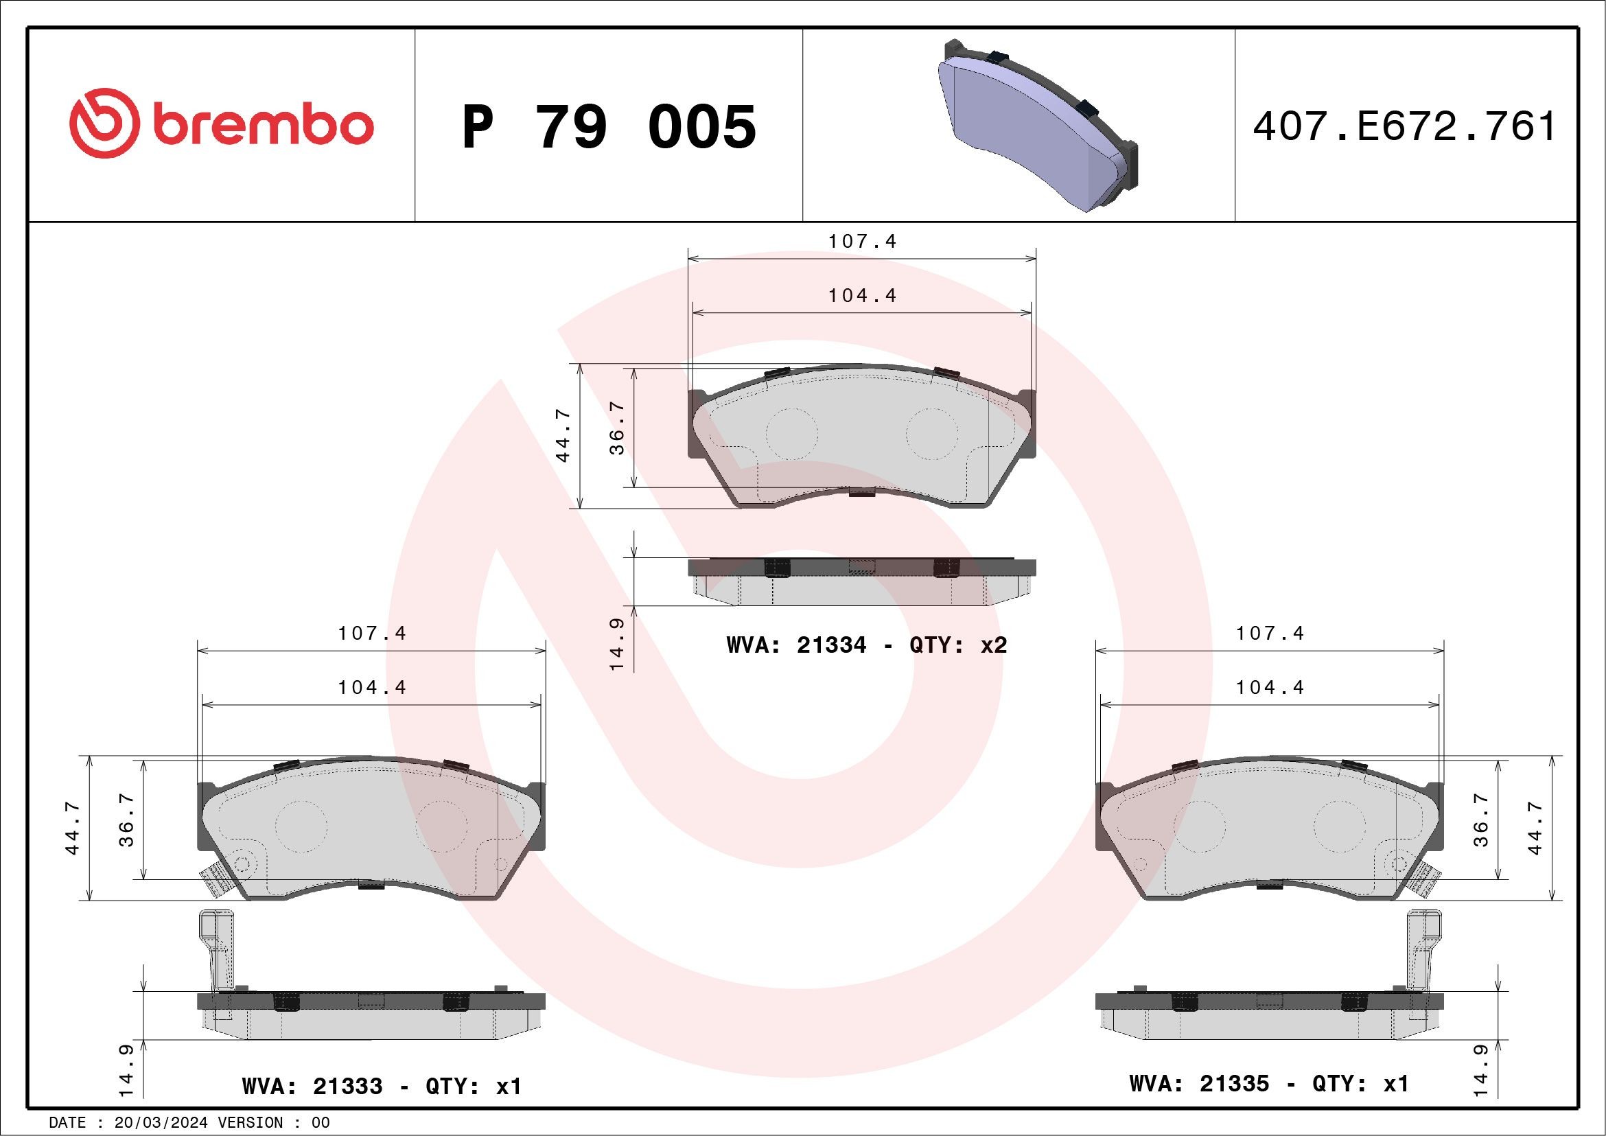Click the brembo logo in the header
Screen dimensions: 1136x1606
[x=221, y=124]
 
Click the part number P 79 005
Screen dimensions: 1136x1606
[x=609, y=127]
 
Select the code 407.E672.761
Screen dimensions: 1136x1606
[x=1403, y=126]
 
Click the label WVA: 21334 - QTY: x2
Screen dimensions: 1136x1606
[x=867, y=645]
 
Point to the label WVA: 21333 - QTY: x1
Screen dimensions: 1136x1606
[x=382, y=1086]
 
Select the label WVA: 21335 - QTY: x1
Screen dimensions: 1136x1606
[x=1268, y=1083]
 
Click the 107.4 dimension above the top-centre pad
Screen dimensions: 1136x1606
[x=862, y=242]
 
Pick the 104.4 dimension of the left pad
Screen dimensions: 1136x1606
[x=371, y=687]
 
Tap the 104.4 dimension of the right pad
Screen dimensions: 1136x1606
[x=1270, y=687]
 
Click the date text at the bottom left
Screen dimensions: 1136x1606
[x=189, y=1123]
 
